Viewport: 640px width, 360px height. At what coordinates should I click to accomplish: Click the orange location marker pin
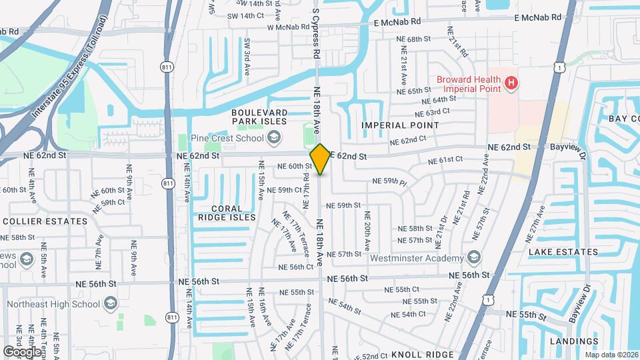coord(321,159)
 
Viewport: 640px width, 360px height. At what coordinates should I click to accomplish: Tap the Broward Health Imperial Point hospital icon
coord(511,83)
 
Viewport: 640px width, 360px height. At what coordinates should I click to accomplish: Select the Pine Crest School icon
coord(273,137)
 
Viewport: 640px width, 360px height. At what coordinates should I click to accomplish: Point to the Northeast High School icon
coord(110,304)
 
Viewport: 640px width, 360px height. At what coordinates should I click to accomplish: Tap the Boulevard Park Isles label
coord(259,117)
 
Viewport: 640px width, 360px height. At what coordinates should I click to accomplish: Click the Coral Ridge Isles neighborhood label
coord(226,213)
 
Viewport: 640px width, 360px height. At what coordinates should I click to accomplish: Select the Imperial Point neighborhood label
coord(400,125)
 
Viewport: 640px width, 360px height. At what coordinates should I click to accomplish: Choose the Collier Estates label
coord(45,221)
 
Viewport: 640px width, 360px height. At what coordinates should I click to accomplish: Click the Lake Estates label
coord(563,252)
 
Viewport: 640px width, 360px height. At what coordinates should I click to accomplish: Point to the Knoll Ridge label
coord(422,354)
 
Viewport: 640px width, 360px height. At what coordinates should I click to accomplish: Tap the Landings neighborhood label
coord(574,341)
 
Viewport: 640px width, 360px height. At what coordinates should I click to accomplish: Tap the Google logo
coord(22,351)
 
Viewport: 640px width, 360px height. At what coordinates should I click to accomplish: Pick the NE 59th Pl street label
coord(389,181)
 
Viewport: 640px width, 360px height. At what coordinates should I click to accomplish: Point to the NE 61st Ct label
coord(445,161)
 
